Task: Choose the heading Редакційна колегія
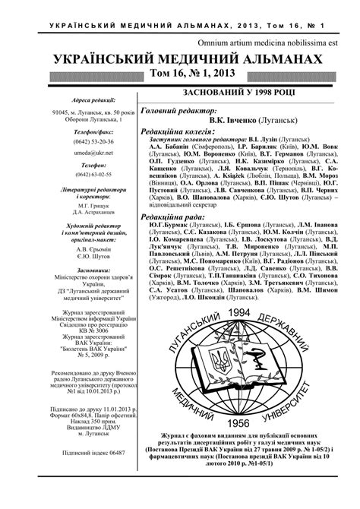tap(175, 131)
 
